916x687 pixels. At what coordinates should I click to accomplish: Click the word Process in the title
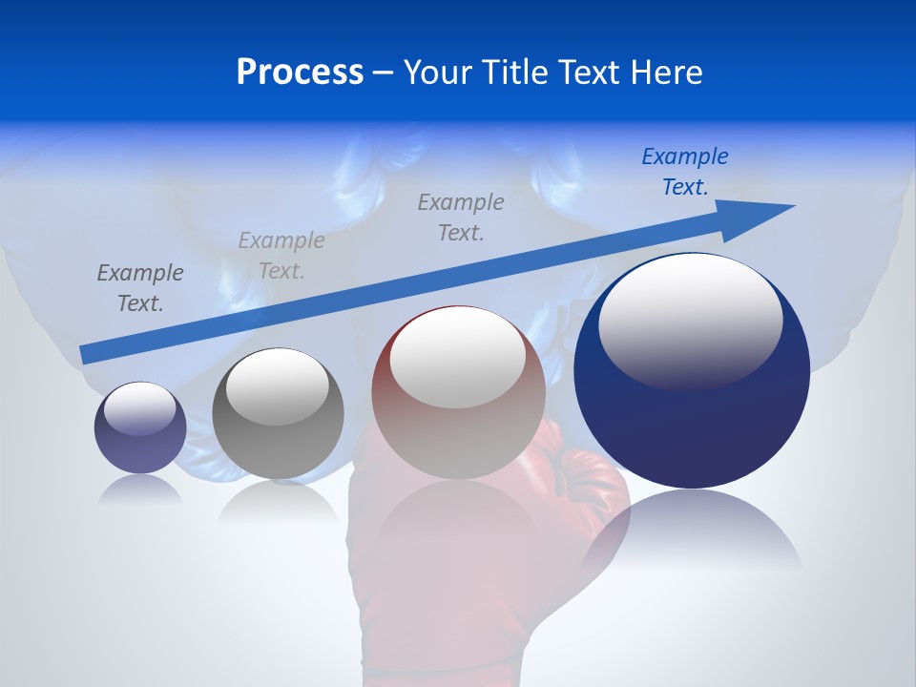[x=300, y=73]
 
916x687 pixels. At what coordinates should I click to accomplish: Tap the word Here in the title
[x=665, y=73]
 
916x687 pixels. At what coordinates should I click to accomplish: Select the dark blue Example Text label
[x=684, y=172]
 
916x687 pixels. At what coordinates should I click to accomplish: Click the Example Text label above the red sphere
[x=460, y=217]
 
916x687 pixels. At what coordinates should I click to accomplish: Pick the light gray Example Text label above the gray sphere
[x=281, y=256]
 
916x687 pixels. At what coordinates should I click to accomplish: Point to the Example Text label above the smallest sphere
[x=139, y=287]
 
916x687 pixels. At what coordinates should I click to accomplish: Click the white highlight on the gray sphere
[x=277, y=385]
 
